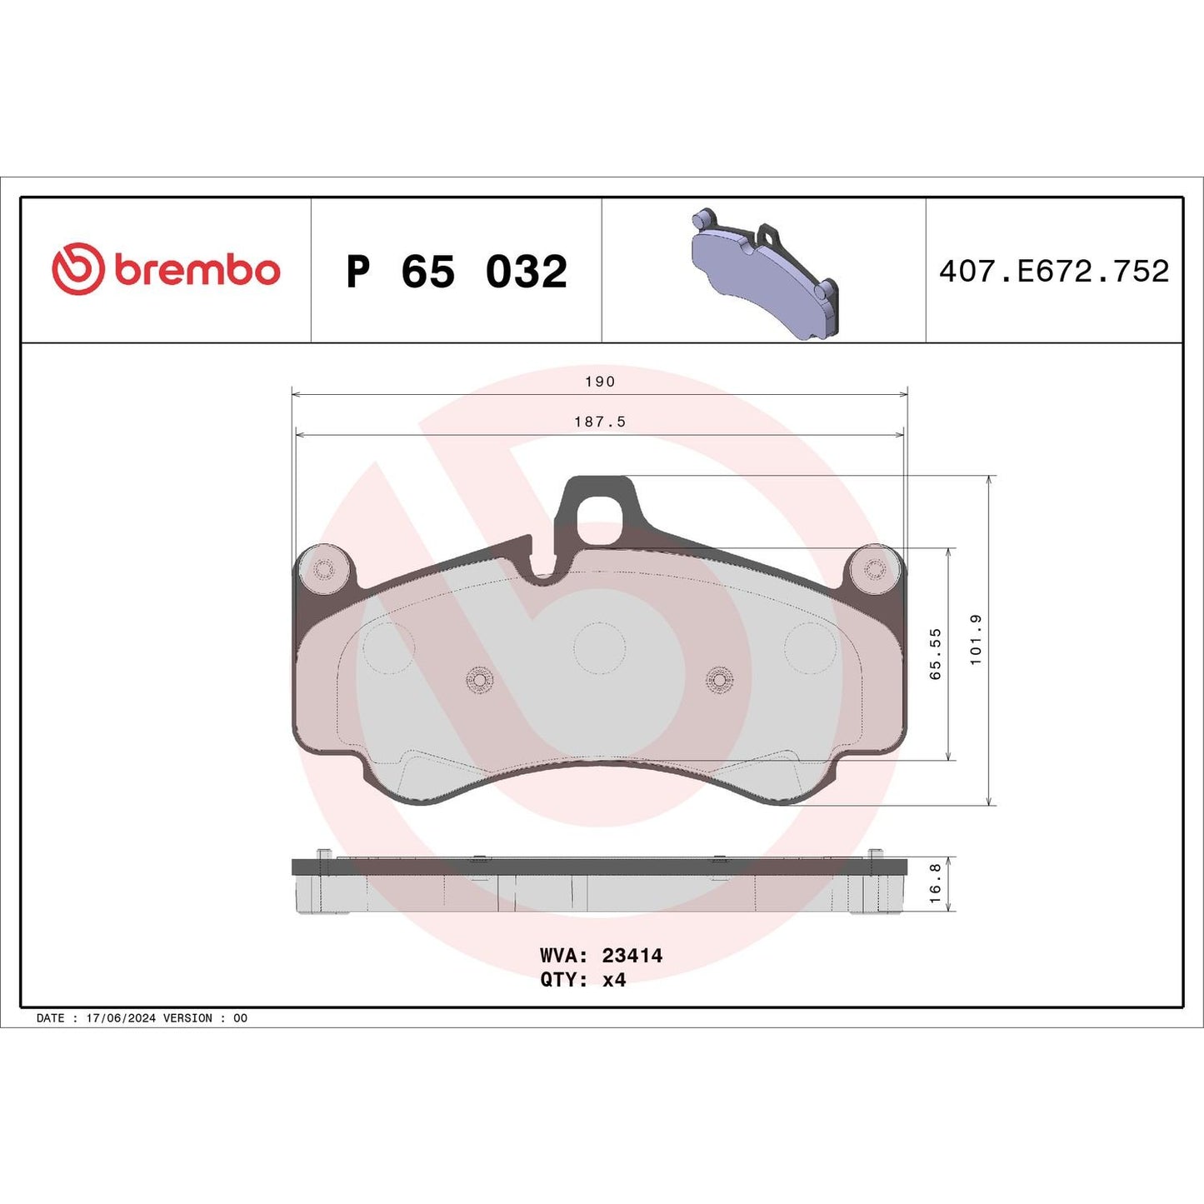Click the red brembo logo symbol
(x=77, y=269)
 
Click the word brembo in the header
(x=197, y=271)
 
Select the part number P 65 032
(x=457, y=272)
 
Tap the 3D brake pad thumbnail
(x=764, y=274)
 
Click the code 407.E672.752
(x=1054, y=271)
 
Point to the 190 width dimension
(x=599, y=382)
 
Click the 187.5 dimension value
(x=599, y=422)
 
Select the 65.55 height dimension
(x=935, y=654)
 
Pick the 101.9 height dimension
(x=976, y=640)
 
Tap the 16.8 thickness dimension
(x=935, y=883)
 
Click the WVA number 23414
(x=632, y=956)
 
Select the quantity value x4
(x=613, y=980)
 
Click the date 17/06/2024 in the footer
(x=121, y=1018)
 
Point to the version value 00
(x=240, y=1018)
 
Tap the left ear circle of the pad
(x=323, y=570)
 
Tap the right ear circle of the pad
(x=875, y=570)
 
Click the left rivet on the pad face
(x=479, y=680)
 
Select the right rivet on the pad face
(x=719, y=680)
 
